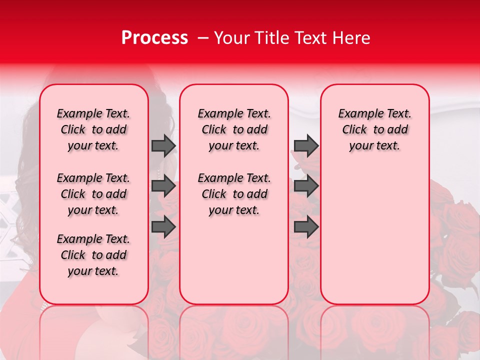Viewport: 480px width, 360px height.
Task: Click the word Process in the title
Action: tap(154, 38)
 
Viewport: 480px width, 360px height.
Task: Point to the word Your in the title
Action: tap(232, 38)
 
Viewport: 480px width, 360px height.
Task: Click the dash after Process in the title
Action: tap(203, 38)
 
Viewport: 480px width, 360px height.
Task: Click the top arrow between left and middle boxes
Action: tap(163, 145)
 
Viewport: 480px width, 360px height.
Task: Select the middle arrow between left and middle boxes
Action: tap(163, 186)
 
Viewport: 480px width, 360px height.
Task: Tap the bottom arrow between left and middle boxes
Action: tap(163, 227)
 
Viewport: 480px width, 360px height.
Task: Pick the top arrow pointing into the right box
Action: tap(306, 145)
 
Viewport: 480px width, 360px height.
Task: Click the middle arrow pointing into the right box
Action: tap(306, 186)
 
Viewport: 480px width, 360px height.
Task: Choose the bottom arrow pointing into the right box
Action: tap(306, 227)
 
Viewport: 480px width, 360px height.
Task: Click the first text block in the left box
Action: tap(93, 129)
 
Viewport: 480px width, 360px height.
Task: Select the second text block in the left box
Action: tap(93, 194)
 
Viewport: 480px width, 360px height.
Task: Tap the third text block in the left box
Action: tap(93, 255)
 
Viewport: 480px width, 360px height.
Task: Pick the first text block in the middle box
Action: tap(234, 129)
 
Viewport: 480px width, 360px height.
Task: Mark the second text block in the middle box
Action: tap(234, 194)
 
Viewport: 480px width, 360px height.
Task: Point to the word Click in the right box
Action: tap(354, 130)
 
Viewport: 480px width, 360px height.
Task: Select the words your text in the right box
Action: tap(374, 146)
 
